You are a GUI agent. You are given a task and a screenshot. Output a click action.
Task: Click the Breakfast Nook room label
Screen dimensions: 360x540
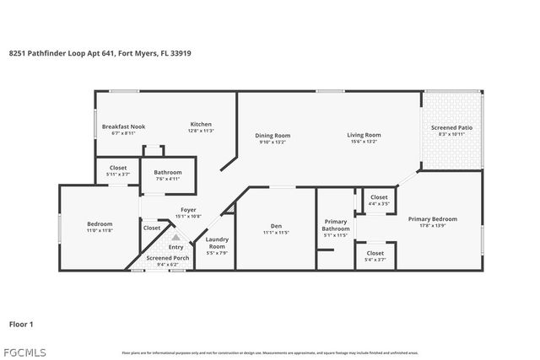(123, 126)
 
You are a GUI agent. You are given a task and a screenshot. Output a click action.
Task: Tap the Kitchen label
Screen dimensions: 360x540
(200, 124)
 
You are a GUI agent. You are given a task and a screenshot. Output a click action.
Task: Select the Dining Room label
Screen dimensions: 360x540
(273, 135)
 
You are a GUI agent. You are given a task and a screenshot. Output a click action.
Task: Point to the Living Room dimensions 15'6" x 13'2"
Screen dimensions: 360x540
(364, 142)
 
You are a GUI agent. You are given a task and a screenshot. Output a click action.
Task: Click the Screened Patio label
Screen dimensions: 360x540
(451, 126)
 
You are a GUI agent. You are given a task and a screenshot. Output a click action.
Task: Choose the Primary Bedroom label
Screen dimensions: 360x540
(432, 219)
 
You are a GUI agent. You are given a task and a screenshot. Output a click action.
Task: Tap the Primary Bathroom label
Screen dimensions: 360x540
(336, 225)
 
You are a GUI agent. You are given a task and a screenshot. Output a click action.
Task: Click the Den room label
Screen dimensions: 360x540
(276, 225)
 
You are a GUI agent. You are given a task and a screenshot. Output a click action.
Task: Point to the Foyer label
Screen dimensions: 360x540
(189, 210)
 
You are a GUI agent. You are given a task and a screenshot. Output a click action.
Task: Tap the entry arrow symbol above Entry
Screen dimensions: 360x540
(175, 238)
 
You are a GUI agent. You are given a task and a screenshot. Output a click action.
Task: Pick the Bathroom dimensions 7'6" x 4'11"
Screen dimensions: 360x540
(167, 179)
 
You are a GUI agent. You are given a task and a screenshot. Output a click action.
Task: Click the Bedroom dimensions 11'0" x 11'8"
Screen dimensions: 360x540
(99, 230)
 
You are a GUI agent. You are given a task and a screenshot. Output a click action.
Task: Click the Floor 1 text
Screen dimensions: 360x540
(21, 323)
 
